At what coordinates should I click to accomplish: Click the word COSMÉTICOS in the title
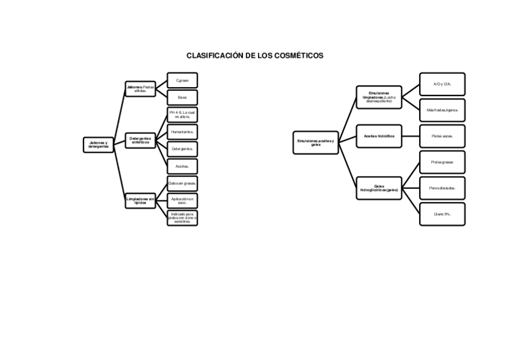tap(298, 55)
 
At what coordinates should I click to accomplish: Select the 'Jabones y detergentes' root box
tap(98, 145)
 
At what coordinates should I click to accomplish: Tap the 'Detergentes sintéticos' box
tap(140, 140)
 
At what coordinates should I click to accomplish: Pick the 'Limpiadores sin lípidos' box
tap(140, 201)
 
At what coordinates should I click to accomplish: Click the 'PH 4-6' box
tap(182, 114)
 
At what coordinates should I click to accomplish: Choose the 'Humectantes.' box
tap(182, 132)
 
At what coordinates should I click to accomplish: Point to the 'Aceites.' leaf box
tap(182, 166)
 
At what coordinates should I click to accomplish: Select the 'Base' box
tap(182, 97)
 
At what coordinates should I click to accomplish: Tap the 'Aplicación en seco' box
tap(182, 201)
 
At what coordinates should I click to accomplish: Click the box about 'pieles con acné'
tap(182, 218)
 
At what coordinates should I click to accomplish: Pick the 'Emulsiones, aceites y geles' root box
tap(316, 142)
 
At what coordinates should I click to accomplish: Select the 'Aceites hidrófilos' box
tap(379, 136)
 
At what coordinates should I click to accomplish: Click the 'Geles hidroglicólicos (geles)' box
tap(379, 188)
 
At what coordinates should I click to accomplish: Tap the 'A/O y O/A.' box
tap(442, 84)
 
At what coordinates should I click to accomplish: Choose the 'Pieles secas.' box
tap(442, 136)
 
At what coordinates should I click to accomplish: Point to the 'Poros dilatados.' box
tap(442, 188)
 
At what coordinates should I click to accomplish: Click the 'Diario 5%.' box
tap(442, 214)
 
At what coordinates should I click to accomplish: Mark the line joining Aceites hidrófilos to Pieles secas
tap(410, 136)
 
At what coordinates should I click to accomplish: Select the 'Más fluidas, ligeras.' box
tap(442, 110)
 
